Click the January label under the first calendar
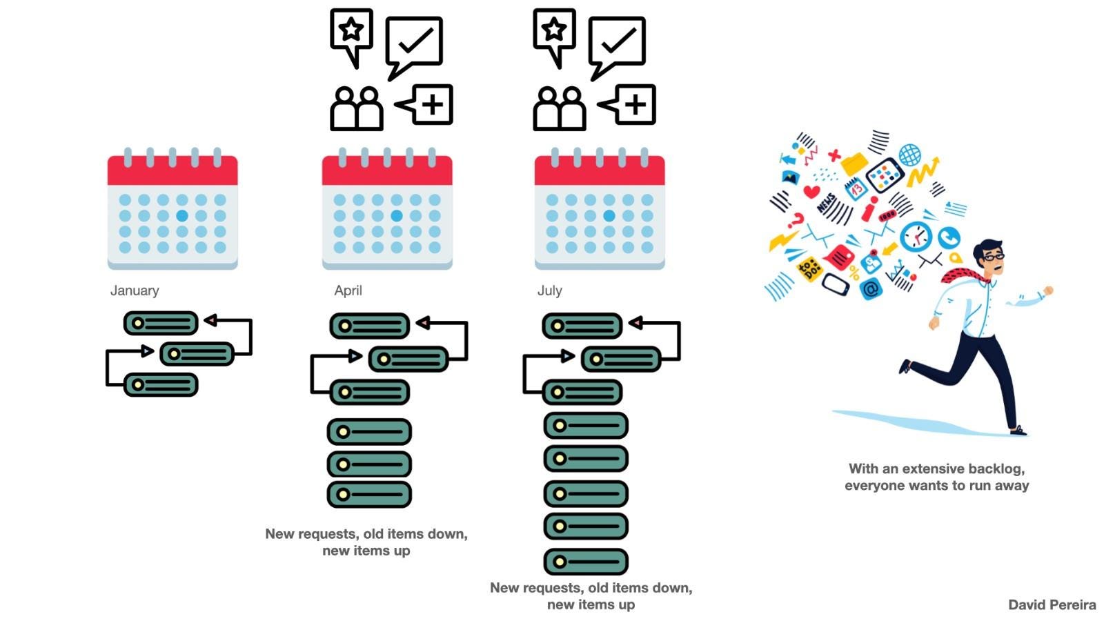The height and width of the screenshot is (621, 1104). coord(135,290)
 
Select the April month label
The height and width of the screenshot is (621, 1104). coord(348,290)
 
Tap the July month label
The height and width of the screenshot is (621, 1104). coord(549,290)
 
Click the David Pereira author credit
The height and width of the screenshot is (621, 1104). coord(1052,605)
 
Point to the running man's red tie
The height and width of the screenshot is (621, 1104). coord(963,275)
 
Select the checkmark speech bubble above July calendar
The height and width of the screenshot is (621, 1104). coord(617,43)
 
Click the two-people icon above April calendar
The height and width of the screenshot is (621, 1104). coord(356,108)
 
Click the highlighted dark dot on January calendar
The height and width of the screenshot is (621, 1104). coord(182,216)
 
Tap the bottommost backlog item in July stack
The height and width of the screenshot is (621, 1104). coord(586,562)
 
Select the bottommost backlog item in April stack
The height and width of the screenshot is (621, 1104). coord(369,494)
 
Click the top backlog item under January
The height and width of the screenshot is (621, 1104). coord(161,323)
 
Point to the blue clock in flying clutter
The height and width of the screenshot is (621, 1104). coord(916,236)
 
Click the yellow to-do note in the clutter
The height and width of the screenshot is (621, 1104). coord(809,268)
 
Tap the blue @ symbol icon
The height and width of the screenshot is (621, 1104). coord(871,289)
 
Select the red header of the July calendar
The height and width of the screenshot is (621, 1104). coord(599,170)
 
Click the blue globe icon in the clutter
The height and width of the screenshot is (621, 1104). coord(909,155)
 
